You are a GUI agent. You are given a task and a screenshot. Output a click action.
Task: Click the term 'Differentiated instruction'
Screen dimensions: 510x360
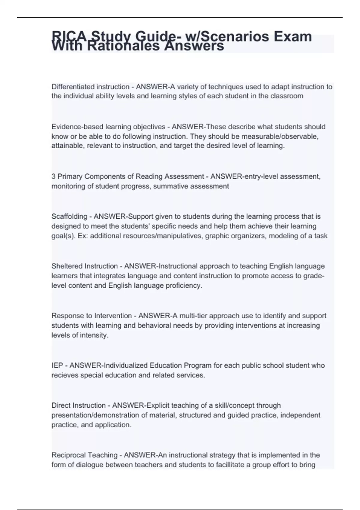point(90,87)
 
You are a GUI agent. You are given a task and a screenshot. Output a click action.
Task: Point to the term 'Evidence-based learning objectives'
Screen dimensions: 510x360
point(108,127)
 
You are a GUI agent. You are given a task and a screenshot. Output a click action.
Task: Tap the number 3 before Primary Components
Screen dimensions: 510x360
point(53,176)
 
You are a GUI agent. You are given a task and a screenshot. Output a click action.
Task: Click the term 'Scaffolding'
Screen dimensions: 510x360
point(69,217)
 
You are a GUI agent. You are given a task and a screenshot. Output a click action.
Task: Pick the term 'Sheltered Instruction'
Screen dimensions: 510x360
point(85,266)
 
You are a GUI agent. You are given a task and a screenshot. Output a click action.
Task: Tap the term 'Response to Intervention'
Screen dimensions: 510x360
point(91,316)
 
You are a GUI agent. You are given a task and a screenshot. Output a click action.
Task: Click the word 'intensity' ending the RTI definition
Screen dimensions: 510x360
point(94,335)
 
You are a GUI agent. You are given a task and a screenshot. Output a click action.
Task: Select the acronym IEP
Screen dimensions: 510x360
point(57,365)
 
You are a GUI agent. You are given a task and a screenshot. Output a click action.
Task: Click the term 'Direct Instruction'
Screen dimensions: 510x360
point(79,406)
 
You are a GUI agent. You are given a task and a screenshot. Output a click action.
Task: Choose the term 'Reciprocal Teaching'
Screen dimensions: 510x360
point(84,455)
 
